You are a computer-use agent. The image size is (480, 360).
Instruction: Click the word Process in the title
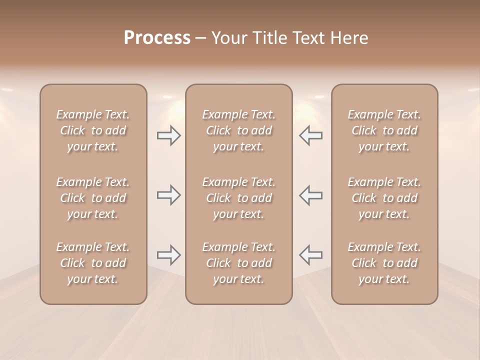click(157, 38)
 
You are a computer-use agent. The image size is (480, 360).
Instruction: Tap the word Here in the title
click(350, 38)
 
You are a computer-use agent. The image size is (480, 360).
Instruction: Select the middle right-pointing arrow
click(169, 195)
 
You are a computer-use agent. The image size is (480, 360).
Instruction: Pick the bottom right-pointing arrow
click(169, 255)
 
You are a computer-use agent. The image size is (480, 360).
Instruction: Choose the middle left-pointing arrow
click(310, 195)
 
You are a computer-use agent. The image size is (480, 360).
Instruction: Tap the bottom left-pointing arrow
click(310, 255)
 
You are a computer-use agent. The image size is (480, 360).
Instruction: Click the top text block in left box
click(93, 130)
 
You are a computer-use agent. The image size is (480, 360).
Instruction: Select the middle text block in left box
click(93, 198)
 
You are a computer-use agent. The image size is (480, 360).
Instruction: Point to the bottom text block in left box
click(93, 263)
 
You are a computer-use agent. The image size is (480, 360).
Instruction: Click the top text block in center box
click(239, 130)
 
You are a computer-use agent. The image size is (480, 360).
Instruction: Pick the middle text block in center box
click(239, 198)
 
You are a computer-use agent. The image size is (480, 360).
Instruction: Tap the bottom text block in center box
click(239, 263)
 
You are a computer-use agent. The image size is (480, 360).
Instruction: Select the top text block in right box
click(384, 130)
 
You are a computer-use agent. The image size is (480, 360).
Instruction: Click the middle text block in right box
click(384, 198)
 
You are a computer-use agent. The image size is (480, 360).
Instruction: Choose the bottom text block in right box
click(384, 263)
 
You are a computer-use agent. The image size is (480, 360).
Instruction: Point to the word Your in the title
click(228, 38)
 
